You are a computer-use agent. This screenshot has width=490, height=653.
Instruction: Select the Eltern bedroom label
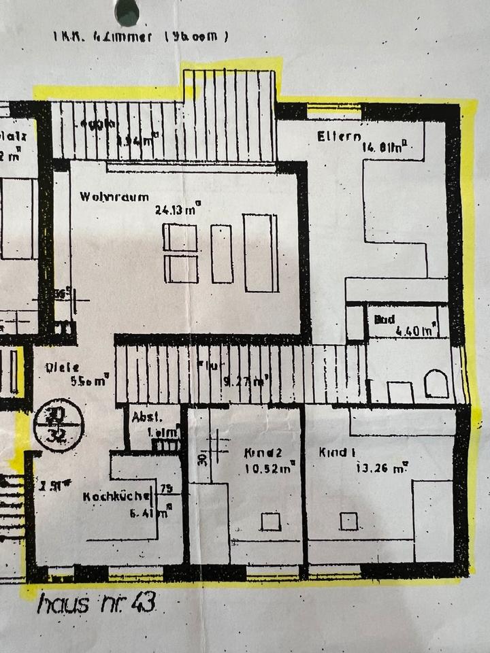coord(338,137)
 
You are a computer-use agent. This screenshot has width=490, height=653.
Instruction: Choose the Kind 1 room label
coord(338,452)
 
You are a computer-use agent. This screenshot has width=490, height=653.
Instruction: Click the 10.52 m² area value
coord(270,468)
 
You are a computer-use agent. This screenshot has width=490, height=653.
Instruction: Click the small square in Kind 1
coord(349,521)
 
